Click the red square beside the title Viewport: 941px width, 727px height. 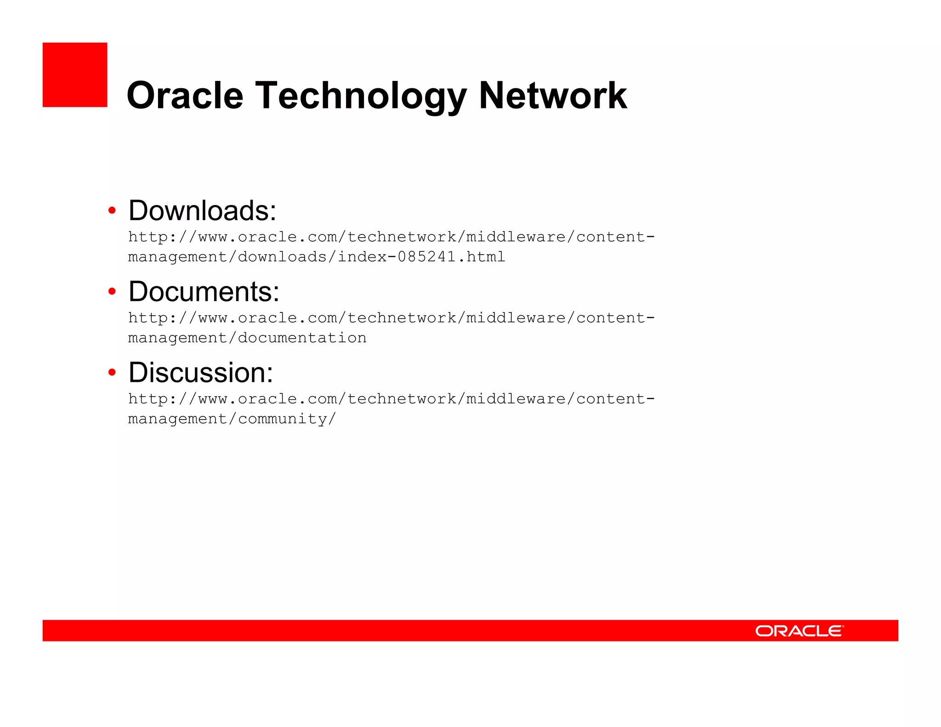[x=75, y=75]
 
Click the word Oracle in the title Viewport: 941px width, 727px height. [x=185, y=95]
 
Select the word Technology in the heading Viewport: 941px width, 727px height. [x=361, y=96]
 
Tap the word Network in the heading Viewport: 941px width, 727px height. [x=552, y=95]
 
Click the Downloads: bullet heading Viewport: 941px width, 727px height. [x=202, y=210]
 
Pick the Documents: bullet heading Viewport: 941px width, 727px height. [x=204, y=291]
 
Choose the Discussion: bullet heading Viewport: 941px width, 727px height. [x=200, y=372]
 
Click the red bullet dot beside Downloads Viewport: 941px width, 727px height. [x=112, y=210]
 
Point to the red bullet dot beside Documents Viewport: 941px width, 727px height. [x=112, y=291]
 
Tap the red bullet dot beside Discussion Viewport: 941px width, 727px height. [x=112, y=372]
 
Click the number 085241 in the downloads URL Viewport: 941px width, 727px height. [x=427, y=256]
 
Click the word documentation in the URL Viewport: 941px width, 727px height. [x=302, y=338]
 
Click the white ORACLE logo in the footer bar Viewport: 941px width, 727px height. [x=799, y=630]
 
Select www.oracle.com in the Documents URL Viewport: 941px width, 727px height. [x=267, y=318]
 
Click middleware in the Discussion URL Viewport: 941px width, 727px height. [x=516, y=398]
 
